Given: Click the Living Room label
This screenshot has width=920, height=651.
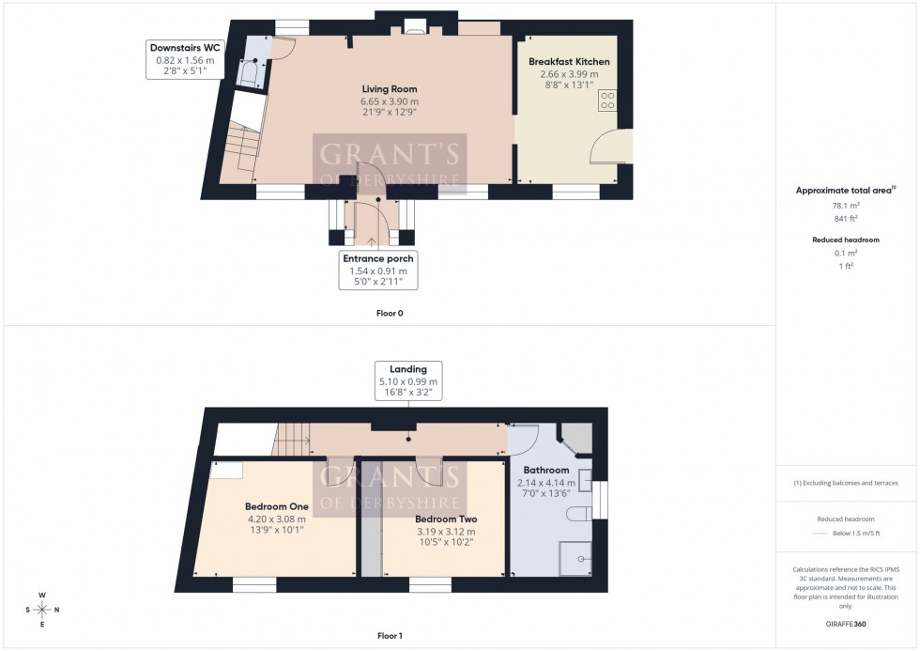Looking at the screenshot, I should [389, 89].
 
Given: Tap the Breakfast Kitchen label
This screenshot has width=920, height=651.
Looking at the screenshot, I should [569, 62].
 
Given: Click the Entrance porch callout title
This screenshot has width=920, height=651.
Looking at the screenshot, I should [379, 258].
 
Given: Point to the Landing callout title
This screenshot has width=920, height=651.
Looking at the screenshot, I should [407, 369].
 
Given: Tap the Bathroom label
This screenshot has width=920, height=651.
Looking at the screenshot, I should [546, 471].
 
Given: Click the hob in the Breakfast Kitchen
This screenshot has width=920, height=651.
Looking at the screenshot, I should [607, 100].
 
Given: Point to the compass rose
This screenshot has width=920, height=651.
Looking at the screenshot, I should [43, 609].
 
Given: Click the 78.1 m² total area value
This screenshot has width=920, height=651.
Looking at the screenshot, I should [846, 206].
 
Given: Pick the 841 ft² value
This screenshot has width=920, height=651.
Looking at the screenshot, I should [846, 219].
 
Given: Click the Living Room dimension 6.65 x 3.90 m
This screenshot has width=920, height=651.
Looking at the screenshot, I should [389, 101].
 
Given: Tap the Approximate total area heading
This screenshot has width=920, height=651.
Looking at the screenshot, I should [844, 190].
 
